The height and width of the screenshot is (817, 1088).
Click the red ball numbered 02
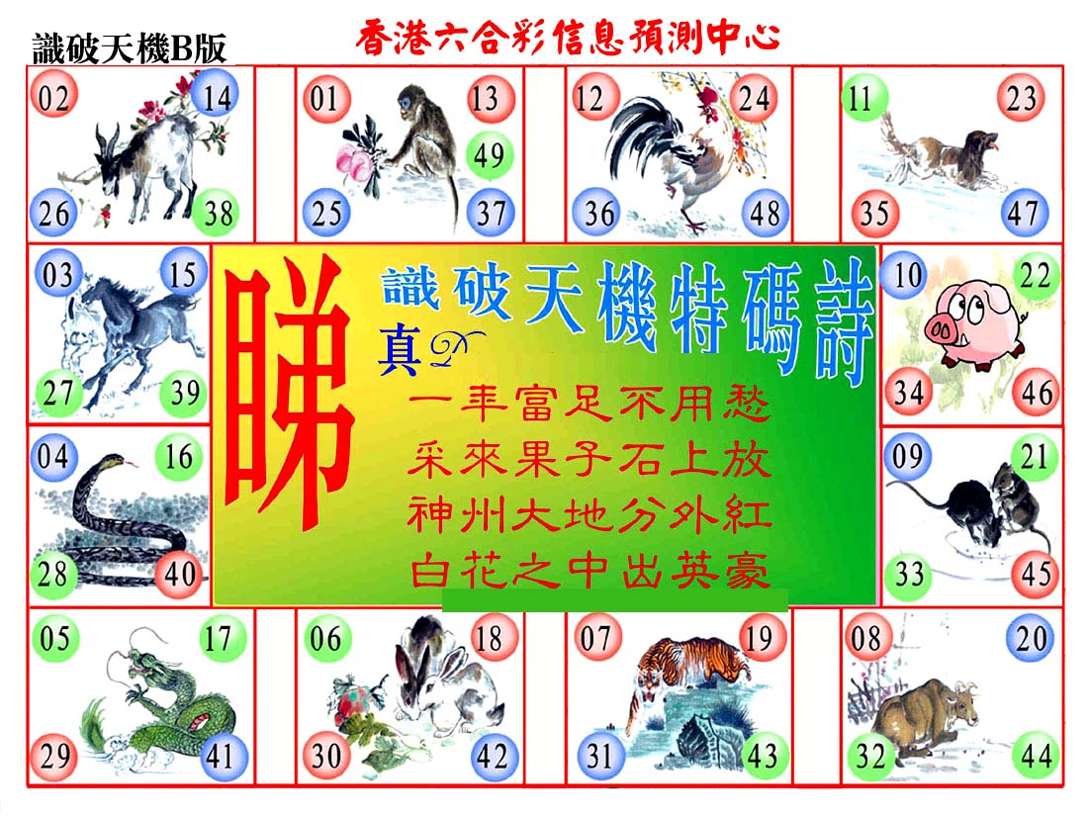[53, 96]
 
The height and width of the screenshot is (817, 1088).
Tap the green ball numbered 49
[489, 154]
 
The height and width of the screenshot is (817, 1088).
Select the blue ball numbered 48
[765, 213]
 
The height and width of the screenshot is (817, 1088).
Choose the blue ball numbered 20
[1031, 637]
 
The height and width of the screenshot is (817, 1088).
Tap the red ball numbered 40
[180, 574]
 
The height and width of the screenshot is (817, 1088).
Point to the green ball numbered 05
[54, 637]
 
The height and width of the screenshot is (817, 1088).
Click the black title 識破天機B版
[130, 48]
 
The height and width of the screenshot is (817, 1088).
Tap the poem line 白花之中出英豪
[589, 573]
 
